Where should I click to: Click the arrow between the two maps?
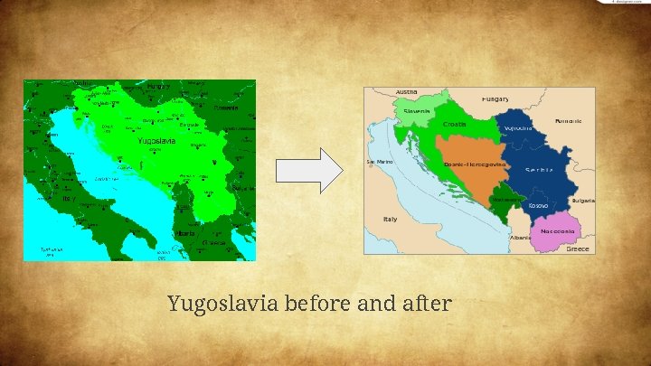tap(308, 170)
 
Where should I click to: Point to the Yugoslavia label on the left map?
tap(156, 141)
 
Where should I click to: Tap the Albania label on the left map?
tap(185, 233)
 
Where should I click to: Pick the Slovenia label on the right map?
tap(417, 111)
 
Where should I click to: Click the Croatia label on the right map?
tap(455, 125)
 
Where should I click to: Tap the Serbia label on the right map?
tap(540, 169)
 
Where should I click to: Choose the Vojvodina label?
tap(518, 128)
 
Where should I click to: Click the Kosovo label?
tap(538, 205)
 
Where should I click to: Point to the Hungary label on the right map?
tap(495, 99)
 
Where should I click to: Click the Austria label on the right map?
tap(406, 92)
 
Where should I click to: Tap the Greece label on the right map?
tap(577, 249)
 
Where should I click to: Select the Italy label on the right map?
tap(390, 219)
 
